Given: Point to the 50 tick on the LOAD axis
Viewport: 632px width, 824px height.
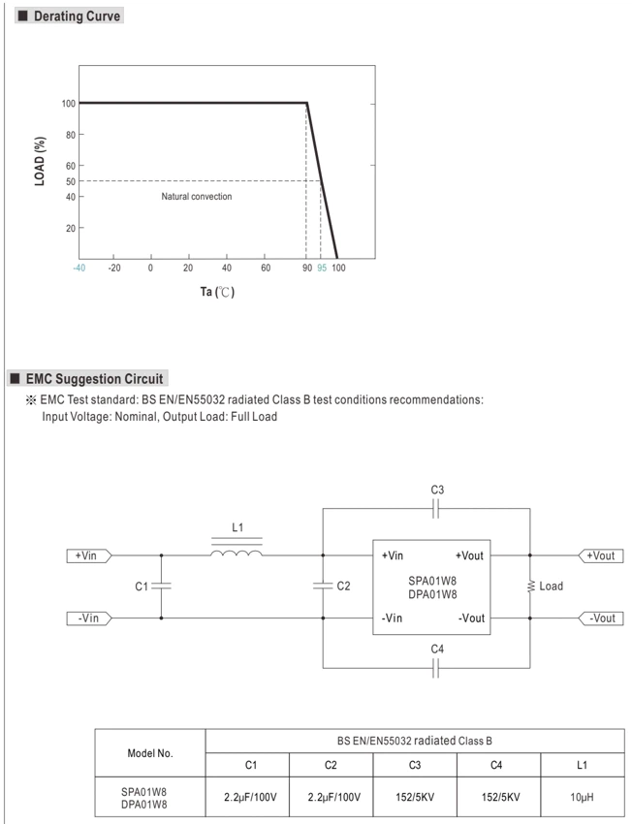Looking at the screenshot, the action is click(71, 181).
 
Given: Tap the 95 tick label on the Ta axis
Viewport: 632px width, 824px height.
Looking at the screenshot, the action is click(322, 268).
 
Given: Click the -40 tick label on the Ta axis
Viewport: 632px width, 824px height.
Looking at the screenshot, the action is click(79, 268).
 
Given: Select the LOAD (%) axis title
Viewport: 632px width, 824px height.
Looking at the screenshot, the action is click(40, 161).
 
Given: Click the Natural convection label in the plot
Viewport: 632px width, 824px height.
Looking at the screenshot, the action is click(197, 197).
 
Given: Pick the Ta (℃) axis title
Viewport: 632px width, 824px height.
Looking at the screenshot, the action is click(217, 292).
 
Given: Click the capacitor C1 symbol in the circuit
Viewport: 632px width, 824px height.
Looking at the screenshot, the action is click(161, 586).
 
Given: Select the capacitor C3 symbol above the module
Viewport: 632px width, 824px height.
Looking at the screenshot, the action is click(435, 509).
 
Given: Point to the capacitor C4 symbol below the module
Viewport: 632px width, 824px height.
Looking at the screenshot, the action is click(435, 668).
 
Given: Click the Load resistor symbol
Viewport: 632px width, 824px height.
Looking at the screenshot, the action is click(530, 586).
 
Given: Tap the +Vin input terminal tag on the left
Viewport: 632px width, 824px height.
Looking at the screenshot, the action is click(89, 555).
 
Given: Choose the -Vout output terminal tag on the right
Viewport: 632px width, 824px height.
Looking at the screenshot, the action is click(600, 618).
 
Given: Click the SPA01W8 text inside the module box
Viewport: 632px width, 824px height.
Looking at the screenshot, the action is click(432, 581).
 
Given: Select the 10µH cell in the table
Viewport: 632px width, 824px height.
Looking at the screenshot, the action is click(583, 797).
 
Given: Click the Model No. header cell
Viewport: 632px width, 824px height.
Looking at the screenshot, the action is click(150, 753).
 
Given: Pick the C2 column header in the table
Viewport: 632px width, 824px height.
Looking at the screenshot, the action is click(331, 765).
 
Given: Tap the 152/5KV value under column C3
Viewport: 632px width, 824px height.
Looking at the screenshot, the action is click(415, 797).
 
